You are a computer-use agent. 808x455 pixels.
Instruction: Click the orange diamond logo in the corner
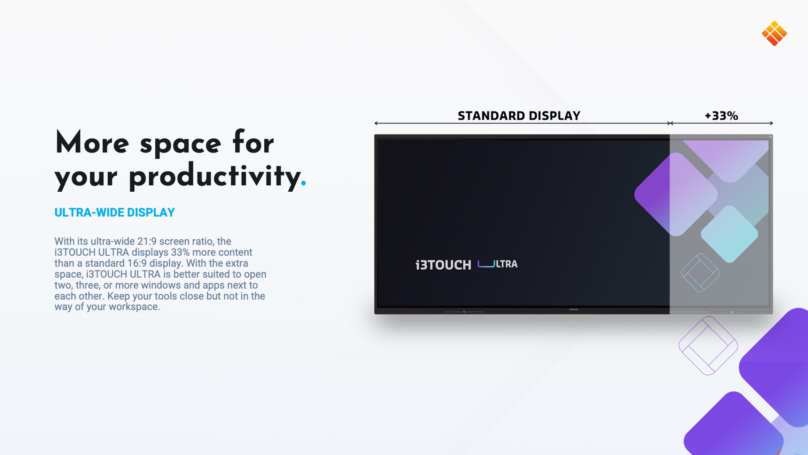[774, 33]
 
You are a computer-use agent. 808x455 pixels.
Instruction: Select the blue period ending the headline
[303, 183]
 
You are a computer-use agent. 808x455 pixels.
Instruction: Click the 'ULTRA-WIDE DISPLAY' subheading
[114, 212]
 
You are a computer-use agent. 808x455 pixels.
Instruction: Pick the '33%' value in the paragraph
[180, 252]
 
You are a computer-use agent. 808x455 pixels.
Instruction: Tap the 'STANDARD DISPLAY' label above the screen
[519, 116]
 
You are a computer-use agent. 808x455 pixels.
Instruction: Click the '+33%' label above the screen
[721, 116]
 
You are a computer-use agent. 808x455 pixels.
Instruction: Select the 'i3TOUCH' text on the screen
[443, 265]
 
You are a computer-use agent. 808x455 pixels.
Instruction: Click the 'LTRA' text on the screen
[507, 264]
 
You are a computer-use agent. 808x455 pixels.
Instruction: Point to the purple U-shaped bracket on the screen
[486, 266]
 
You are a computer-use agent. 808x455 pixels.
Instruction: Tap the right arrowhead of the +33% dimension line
[771, 123]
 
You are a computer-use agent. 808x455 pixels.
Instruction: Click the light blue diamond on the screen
[729, 234]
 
